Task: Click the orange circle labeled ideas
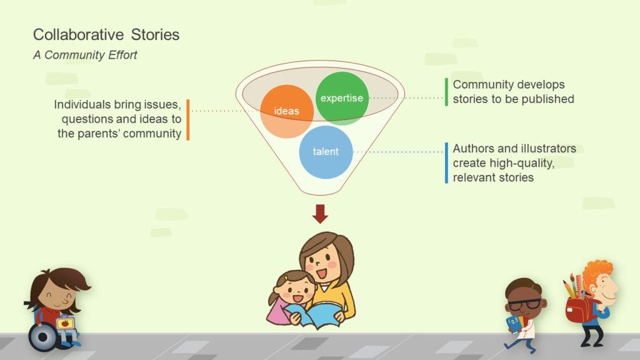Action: [287, 111]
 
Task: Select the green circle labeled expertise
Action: [342, 98]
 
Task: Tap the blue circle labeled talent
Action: [326, 152]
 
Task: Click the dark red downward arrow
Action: [320, 214]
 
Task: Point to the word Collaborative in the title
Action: [78, 35]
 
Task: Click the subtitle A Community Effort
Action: [85, 55]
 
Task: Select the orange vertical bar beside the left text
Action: [187, 119]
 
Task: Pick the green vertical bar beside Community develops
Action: [446, 92]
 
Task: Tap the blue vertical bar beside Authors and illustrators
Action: [446, 163]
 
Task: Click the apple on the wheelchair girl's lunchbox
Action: [64, 324]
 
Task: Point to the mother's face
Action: [323, 264]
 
